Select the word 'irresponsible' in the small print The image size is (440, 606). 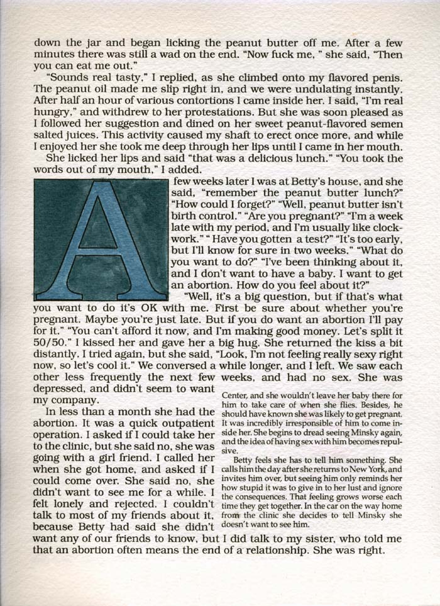click(x=284, y=424)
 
